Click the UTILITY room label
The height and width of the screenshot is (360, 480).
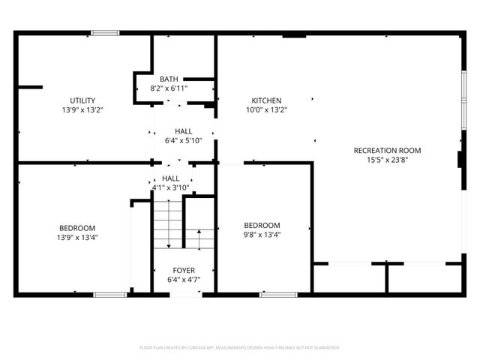[82, 100]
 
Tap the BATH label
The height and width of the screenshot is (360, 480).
[169, 79]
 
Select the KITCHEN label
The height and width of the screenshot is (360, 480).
[266, 100]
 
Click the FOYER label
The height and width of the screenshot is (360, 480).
[184, 271]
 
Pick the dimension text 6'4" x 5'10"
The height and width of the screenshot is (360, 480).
[184, 140]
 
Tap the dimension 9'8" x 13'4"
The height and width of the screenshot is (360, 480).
[262, 235]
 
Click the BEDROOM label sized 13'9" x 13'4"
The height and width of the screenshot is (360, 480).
[77, 228]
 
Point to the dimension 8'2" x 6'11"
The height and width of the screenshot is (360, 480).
[169, 88]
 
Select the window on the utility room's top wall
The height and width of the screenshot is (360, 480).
[105, 32]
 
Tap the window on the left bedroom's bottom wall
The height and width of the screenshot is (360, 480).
[109, 294]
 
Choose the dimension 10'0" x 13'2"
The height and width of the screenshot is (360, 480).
[266, 110]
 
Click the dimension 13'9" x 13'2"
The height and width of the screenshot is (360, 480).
[82, 110]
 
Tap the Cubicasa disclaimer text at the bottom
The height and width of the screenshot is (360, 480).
[240, 348]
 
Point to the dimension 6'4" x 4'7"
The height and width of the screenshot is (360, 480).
[184, 280]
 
